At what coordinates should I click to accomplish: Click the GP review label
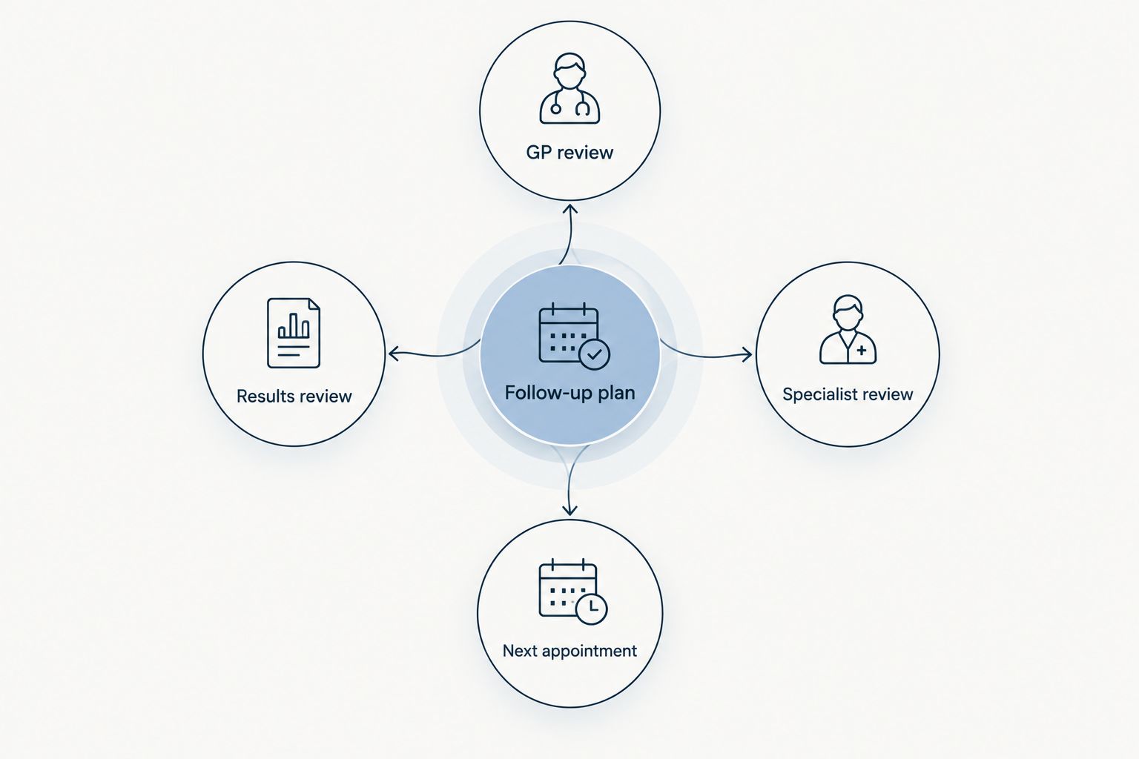[569, 153]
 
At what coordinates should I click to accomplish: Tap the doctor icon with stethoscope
[569, 88]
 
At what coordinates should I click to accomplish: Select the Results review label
[294, 396]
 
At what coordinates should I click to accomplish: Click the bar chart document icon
[294, 333]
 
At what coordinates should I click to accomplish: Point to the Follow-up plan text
[569, 393]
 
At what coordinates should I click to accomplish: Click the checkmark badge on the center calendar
[594, 354]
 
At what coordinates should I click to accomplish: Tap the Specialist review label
[848, 394]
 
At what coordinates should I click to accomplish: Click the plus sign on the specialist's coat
[862, 350]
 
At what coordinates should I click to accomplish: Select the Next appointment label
[569, 651]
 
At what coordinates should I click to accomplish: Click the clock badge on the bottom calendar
[591, 609]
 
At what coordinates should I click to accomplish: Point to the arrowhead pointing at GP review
[570, 208]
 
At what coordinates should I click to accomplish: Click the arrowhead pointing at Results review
[394, 354]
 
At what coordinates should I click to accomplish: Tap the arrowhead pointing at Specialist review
[747, 354]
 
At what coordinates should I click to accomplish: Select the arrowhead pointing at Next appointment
[570, 510]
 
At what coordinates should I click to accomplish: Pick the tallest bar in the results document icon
[294, 326]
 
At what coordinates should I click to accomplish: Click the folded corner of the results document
[314, 303]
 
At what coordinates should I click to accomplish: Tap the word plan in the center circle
[616, 393]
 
